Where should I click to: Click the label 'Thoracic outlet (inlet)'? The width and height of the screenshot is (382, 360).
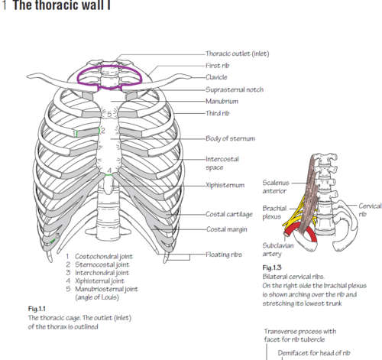[x=238, y=54]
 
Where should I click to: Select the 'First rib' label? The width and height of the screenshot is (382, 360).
[x=218, y=66]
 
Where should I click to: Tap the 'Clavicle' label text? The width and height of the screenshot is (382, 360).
[x=216, y=77]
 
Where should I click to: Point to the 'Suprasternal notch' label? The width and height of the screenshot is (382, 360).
[x=235, y=89]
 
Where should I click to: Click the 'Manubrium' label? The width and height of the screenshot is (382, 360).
[x=222, y=101]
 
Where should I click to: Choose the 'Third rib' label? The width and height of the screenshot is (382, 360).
[x=218, y=113]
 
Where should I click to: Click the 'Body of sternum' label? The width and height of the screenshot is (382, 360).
[x=230, y=138]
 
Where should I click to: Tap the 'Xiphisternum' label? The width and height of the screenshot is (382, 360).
[x=225, y=185]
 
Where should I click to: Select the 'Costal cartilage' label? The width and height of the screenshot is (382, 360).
[x=229, y=214]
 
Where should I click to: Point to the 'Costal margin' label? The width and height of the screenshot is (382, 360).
[x=227, y=229]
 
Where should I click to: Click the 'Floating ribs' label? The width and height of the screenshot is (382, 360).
[x=224, y=255]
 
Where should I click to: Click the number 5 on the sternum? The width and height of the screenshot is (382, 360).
[x=109, y=114]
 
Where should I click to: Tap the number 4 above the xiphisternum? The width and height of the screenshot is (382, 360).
[x=109, y=170]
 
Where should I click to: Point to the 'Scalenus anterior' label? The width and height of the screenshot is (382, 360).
[x=276, y=186]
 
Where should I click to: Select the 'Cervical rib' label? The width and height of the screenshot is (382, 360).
[x=370, y=209]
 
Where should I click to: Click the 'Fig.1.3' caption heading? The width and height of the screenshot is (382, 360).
[x=272, y=268]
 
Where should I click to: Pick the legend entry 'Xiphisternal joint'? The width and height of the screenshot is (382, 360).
[x=99, y=281]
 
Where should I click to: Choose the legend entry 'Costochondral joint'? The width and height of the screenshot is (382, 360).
[x=104, y=256]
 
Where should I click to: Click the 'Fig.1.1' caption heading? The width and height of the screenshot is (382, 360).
[x=37, y=309]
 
